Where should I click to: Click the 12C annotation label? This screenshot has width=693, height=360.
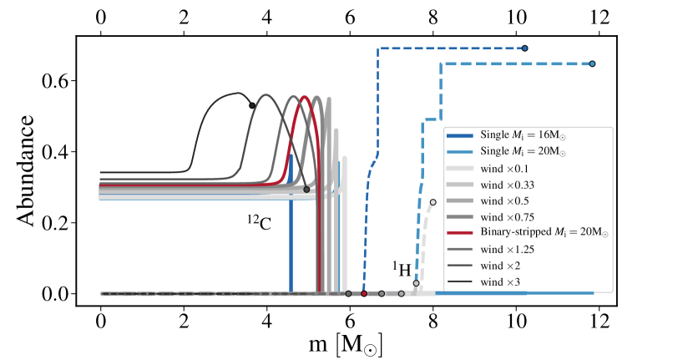coord(260,223)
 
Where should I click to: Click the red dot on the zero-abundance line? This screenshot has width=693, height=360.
coord(364,294)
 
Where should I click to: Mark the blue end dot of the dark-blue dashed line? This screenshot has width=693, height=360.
coord(525,48)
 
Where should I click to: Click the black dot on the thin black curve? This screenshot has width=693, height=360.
coord(252,105)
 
